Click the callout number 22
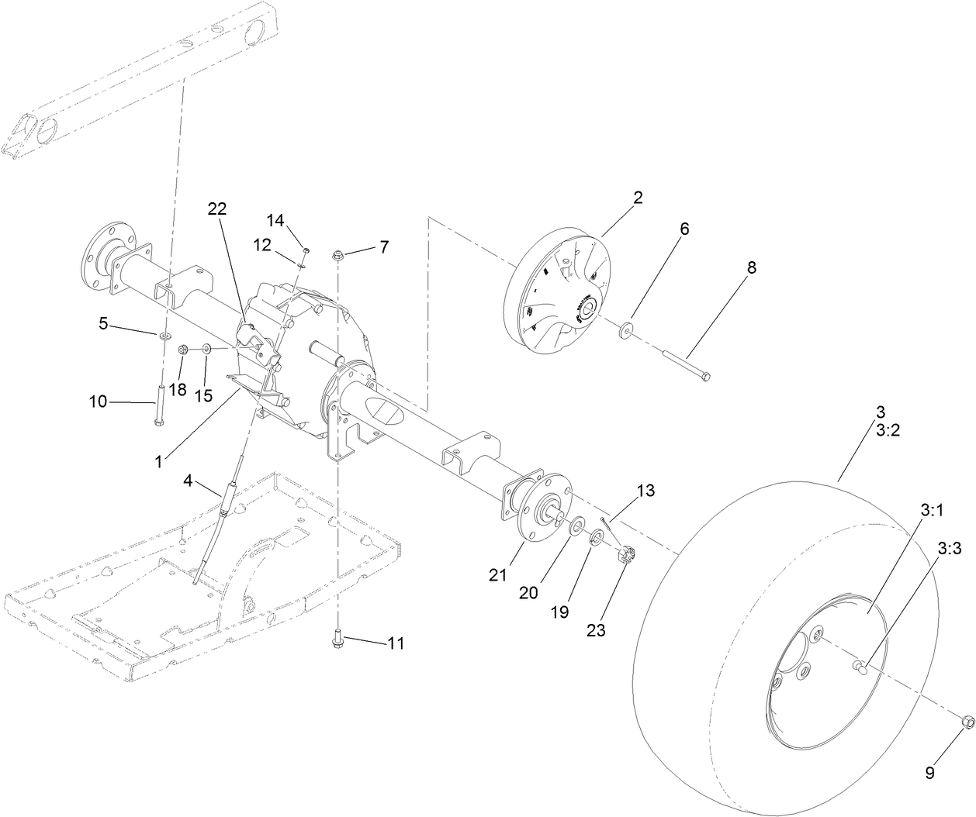point(217,209)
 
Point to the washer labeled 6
point(625,332)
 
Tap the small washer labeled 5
point(165,337)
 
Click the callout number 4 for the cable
point(188,481)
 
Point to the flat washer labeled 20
point(577,528)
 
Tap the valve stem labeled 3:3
point(857,663)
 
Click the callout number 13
point(645,491)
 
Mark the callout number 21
point(497,574)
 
